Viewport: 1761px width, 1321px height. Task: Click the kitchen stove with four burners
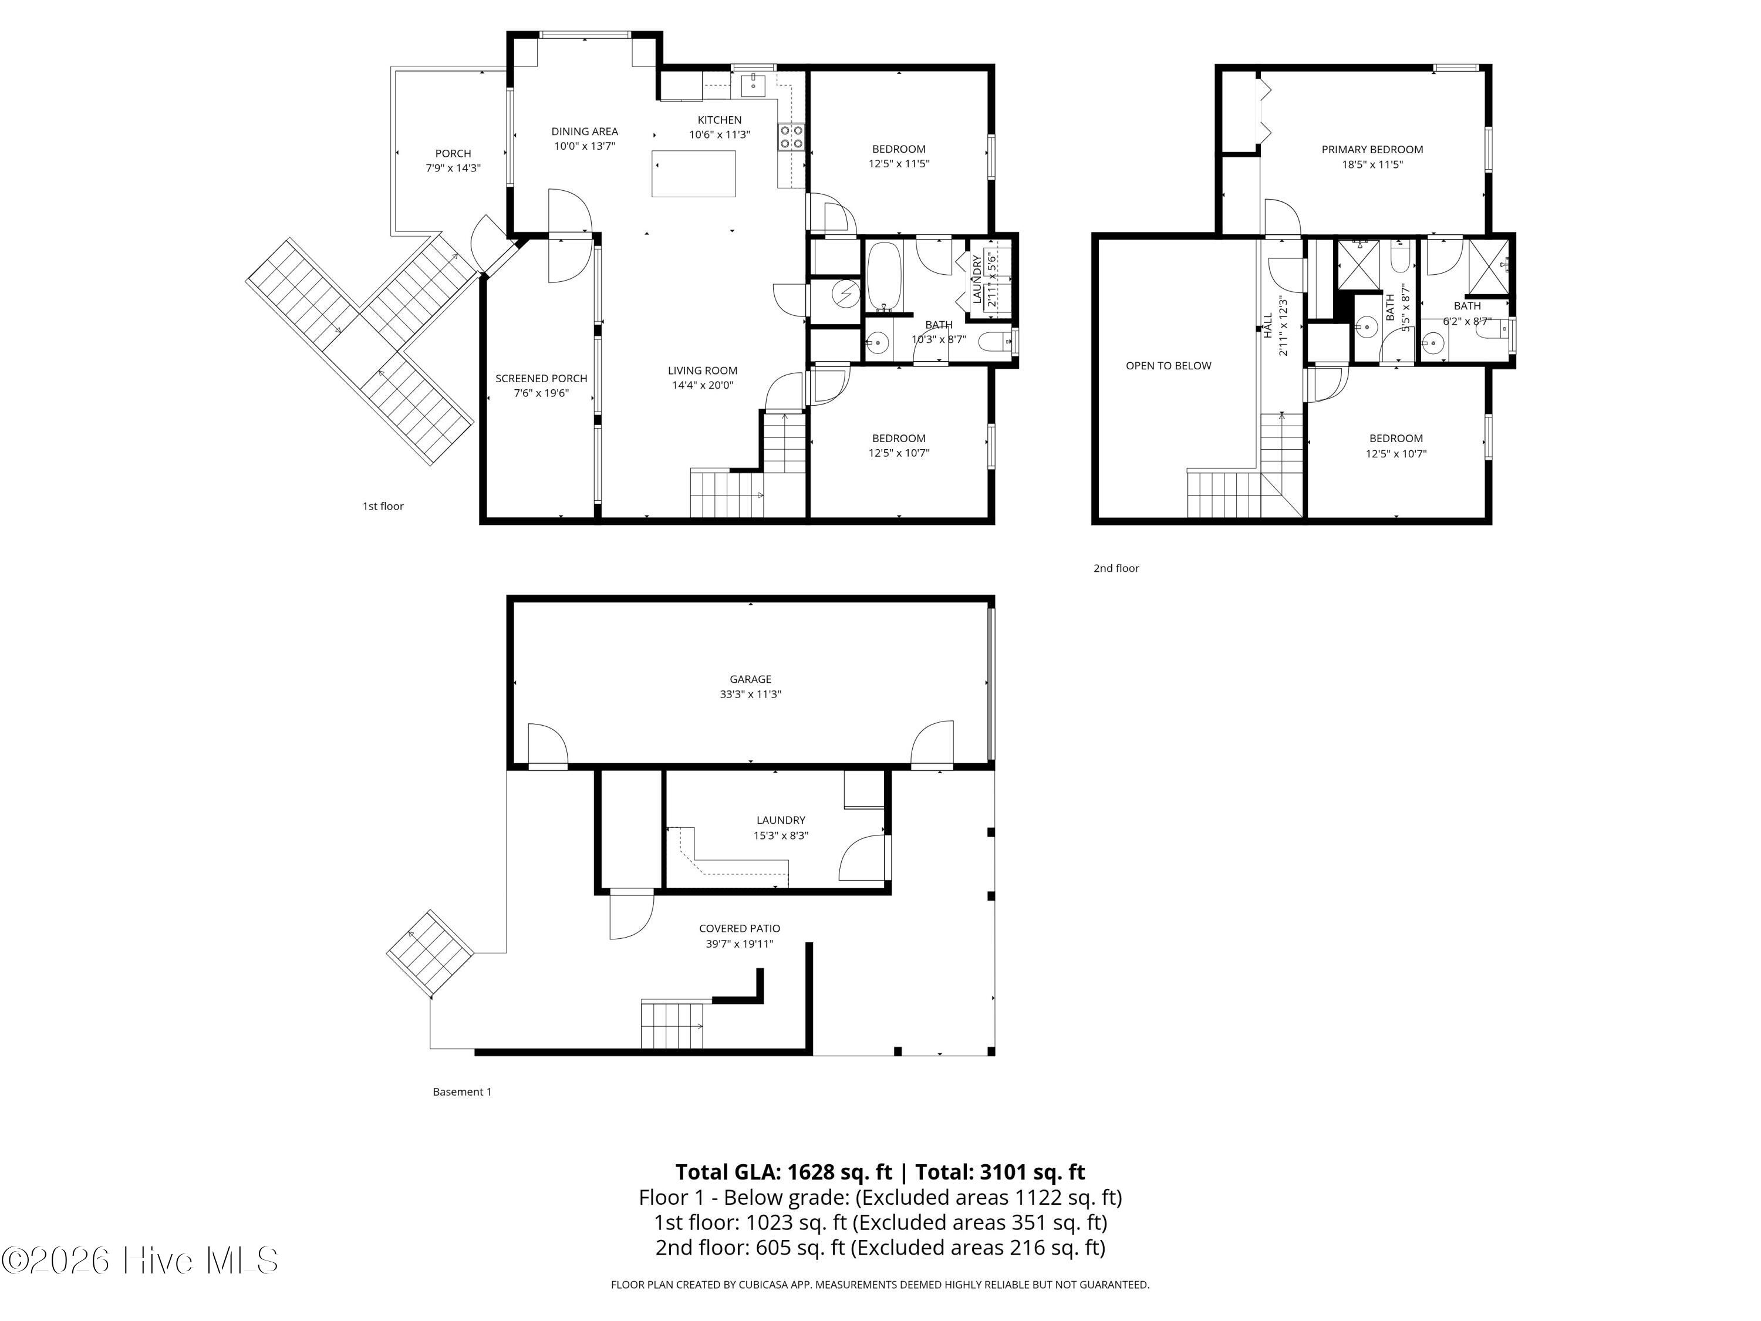pyautogui.click(x=791, y=137)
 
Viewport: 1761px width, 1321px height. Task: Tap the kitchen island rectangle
pyautogui.click(x=693, y=174)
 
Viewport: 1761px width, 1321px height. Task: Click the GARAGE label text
pyautogui.click(x=751, y=679)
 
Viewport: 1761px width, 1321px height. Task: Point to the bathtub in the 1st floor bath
pyautogui.click(x=883, y=277)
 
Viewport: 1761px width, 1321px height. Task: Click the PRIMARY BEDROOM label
pyautogui.click(x=1372, y=150)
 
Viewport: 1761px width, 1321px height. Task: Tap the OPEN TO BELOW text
pyautogui.click(x=1169, y=366)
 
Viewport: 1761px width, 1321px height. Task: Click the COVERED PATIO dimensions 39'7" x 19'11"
pyautogui.click(x=740, y=944)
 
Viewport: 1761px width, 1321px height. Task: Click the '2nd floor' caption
pyautogui.click(x=1116, y=568)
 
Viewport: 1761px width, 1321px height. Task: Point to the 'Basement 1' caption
pyautogui.click(x=462, y=1091)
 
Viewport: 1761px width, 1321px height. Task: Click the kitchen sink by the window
pyautogui.click(x=753, y=83)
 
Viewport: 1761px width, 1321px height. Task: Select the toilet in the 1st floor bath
pyautogui.click(x=994, y=342)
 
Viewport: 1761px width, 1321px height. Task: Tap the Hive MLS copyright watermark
pyautogui.click(x=140, y=1261)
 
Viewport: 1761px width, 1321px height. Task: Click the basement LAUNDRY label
pyautogui.click(x=781, y=820)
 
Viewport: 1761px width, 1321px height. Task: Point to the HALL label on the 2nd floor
pyautogui.click(x=1267, y=326)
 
